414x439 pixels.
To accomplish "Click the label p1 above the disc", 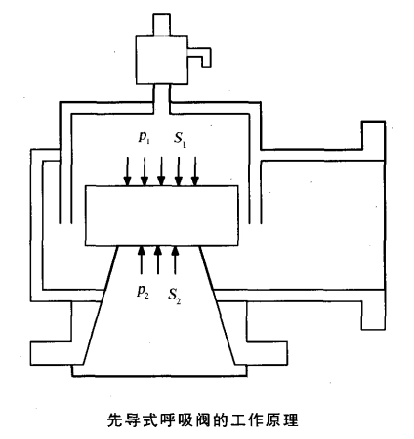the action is point(144,138).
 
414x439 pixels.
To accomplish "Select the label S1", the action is point(180,139).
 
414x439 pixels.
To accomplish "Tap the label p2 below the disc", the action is point(143,292).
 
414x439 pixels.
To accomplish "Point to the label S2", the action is point(174,296).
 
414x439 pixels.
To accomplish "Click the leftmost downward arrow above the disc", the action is point(128,172).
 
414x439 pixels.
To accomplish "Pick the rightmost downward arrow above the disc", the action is point(194,172).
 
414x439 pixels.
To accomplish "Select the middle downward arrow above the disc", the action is point(161,172).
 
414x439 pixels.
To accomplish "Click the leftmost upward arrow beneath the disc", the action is point(141,259).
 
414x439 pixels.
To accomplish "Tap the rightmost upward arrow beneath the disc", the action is point(175,259).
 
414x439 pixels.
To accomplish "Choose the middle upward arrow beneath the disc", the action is point(158,259).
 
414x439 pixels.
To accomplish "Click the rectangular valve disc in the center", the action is point(162,216).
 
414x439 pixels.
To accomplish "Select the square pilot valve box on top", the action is point(162,60).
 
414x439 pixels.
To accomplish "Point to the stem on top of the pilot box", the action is point(162,24).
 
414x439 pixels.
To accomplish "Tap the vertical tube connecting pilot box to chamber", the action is point(162,100).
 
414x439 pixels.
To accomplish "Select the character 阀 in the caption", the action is point(204,419).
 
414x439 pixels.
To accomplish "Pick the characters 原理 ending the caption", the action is point(282,419).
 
